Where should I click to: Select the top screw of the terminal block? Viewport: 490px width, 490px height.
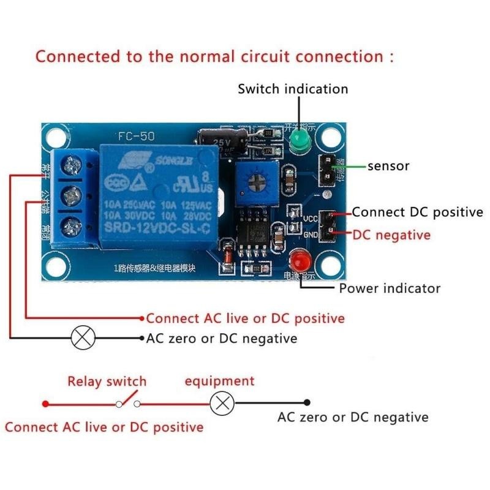point(73,164)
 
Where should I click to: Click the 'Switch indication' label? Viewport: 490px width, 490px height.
point(293,89)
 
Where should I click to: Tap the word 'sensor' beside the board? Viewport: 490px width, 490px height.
point(388,166)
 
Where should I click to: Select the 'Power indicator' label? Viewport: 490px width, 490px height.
point(390,288)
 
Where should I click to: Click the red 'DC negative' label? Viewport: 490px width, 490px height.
point(391,235)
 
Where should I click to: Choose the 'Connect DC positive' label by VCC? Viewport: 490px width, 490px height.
point(417,213)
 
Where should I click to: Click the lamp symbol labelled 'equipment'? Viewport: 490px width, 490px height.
point(222,403)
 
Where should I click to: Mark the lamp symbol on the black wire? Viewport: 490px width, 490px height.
point(84,337)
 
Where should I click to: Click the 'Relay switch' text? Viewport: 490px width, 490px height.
point(107,382)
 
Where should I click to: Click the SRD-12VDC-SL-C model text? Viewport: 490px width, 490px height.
point(159,228)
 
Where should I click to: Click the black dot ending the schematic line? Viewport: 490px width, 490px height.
point(307,403)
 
